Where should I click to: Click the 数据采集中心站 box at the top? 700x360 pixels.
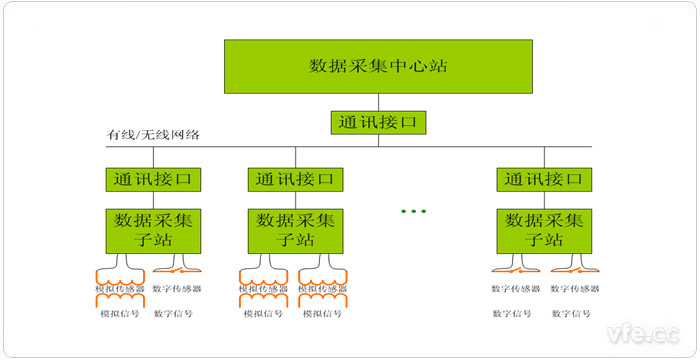[377, 67]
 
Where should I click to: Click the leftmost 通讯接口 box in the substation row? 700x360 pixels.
[152, 180]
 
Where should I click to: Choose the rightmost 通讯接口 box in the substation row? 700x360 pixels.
[545, 180]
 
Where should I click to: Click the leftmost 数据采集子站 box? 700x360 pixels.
[152, 230]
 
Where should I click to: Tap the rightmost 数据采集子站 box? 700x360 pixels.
[545, 230]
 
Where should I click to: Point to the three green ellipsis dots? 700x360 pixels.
[412, 211]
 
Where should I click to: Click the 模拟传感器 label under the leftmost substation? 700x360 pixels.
[120, 289]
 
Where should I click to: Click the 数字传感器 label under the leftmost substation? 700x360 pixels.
[178, 289]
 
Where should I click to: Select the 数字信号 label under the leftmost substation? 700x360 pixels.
[174, 312]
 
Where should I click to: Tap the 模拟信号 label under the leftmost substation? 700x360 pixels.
[118, 312]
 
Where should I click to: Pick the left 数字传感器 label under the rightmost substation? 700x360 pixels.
[516, 289]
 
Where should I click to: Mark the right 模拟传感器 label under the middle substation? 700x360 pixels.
[323, 289]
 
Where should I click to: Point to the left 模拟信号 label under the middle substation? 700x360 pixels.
[262, 312]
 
